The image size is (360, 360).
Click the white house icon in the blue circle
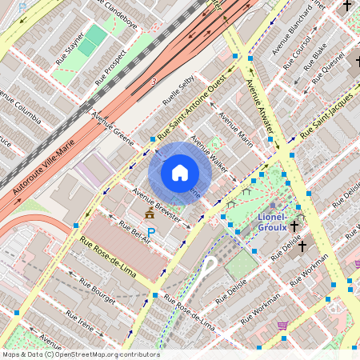[x=180, y=172]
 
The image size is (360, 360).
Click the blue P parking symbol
[x=150, y=232]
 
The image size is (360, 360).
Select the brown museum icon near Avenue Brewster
[x=149, y=214]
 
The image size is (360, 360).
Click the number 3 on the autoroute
[x=153, y=82]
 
